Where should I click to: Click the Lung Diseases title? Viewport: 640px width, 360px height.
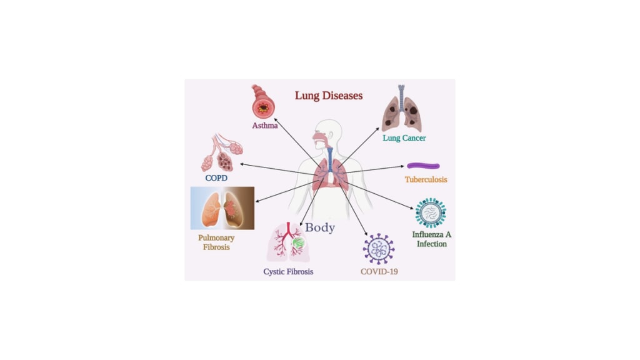tap(329, 96)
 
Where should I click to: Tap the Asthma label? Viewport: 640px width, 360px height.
tap(264, 126)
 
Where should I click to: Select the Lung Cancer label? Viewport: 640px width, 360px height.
tap(404, 137)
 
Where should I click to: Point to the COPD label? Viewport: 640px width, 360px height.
tap(216, 178)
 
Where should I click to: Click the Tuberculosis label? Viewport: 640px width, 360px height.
tap(426, 179)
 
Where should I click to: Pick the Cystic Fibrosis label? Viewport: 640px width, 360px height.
tap(288, 272)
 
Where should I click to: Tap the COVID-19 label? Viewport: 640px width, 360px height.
tap(379, 272)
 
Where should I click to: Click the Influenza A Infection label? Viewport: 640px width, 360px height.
tap(431, 239)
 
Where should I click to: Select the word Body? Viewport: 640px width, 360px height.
tap(320, 227)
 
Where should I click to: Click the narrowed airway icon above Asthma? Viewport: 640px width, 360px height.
tap(264, 103)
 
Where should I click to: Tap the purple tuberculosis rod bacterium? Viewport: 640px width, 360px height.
tap(423, 166)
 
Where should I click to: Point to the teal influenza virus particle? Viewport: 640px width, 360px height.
tap(431, 213)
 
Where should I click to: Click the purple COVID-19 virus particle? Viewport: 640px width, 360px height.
tap(379, 249)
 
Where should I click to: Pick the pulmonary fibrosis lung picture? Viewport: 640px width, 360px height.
tap(222, 208)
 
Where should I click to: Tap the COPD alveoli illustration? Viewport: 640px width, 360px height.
tap(221, 153)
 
